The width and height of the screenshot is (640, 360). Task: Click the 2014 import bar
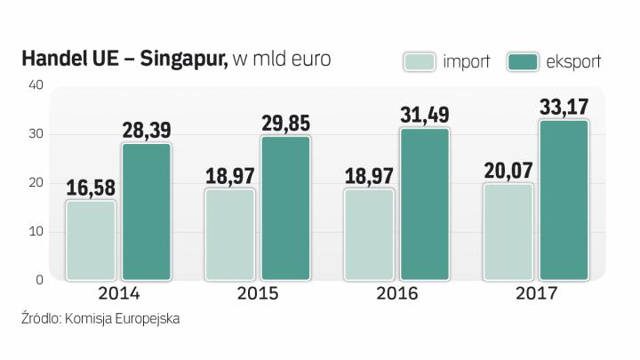[91, 240]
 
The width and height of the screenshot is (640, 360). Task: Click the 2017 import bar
[508, 232]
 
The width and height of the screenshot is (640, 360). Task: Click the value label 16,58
[91, 188]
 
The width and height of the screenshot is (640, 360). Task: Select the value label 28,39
[147, 131]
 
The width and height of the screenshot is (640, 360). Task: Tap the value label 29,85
[285, 123]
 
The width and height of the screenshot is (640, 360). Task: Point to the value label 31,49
[425, 115]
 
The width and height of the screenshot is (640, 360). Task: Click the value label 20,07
[508, 170]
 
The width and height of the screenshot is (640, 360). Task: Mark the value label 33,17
[564, 107]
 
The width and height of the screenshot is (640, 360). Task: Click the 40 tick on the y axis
[36, 85]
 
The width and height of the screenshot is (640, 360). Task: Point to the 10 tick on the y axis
[36, 232]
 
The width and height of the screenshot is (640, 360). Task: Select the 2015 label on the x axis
[258, 293]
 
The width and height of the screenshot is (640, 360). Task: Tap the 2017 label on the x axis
[536, 293]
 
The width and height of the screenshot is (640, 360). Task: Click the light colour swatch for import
[420, 62]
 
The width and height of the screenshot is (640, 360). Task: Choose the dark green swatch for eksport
[523, 62]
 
